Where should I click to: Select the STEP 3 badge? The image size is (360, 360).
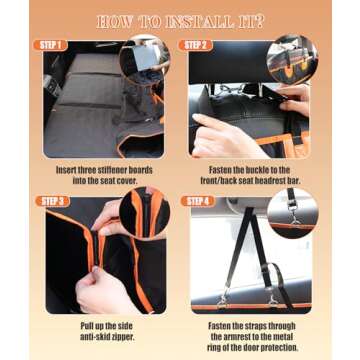coord(55,200)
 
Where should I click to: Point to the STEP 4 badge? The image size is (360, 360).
coord(197,200)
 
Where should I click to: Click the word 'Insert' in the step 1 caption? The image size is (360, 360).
coord(67,170)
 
